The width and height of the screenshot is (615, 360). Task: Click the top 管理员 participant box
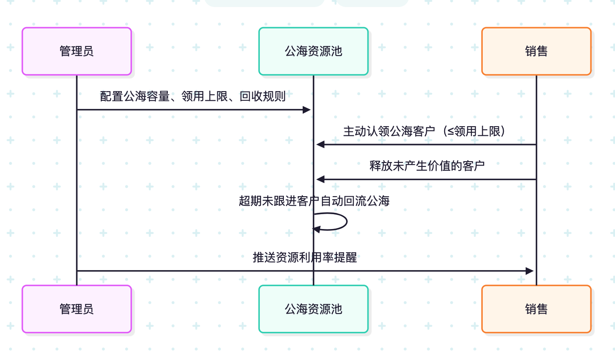pos(77,51)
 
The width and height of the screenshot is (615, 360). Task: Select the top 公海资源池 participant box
pos(313,51)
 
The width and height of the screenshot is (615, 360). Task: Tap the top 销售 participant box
pos(536,51)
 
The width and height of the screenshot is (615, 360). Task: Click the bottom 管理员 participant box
pos(77,309)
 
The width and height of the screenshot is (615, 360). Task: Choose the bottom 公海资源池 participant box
pos(313,309)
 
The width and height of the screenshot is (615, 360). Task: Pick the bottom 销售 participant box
pos(536,309)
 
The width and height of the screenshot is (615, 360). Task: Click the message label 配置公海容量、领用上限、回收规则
pos(193,96)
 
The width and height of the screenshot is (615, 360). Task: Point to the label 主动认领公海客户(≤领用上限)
pos(424,131)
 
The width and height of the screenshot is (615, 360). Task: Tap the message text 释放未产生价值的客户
pos(427,166)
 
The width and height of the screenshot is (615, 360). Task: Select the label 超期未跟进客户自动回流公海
pos(314,201)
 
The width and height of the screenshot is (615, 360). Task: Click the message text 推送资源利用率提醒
pos(305,258)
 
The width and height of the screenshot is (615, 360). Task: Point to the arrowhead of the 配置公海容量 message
pos(307,109)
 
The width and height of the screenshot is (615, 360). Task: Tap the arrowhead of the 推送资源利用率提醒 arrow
pos(530,271)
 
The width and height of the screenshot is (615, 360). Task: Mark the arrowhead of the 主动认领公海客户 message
pos(320,144)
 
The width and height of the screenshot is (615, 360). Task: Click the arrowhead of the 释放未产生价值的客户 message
pos(320,179)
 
